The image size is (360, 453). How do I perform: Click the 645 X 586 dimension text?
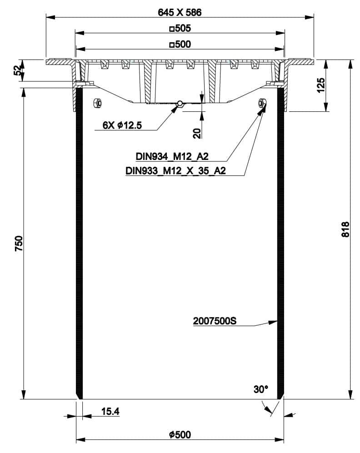180,12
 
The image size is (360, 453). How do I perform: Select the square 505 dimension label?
180,28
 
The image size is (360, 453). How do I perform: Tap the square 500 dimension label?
180,44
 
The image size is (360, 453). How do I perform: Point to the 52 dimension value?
18,70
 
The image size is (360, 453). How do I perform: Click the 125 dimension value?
321,85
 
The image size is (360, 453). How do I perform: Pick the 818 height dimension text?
345,229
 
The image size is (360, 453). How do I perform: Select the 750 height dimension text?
19,243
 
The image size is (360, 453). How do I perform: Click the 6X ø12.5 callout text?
122,125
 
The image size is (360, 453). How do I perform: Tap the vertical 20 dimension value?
197,133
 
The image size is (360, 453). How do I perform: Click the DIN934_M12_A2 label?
172,157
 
